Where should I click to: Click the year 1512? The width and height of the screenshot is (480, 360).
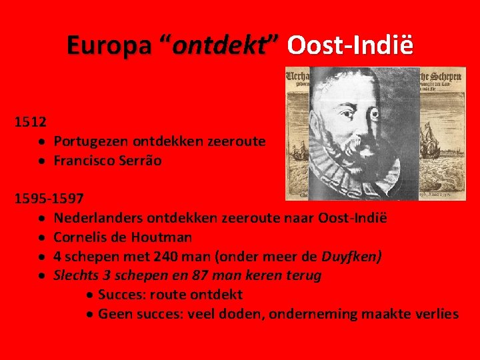[31, 122]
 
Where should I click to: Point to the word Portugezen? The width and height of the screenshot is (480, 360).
[91, 141]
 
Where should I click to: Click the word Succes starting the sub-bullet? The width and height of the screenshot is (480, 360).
[122, 295]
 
